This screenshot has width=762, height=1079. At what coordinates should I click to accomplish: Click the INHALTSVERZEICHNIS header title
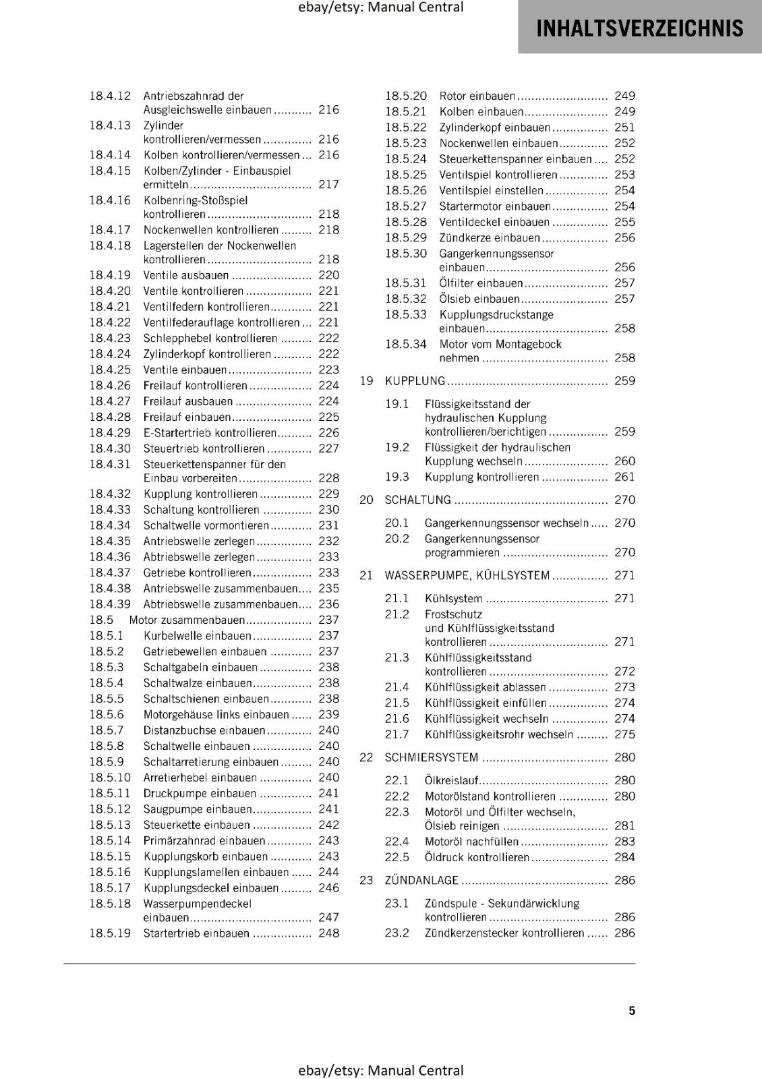tap(639, 28)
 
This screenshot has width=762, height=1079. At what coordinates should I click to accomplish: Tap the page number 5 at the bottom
tap(632, 1010)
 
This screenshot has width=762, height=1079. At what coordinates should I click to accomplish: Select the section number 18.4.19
tap(110, 275)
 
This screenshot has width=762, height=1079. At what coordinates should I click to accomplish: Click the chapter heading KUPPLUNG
tap(415, 381)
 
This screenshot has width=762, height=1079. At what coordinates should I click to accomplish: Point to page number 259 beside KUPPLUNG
tap(624, 381)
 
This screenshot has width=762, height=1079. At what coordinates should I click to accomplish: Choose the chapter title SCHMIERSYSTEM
tap(431, 757)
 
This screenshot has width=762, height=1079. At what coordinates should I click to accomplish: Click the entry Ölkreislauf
tap(451, 780)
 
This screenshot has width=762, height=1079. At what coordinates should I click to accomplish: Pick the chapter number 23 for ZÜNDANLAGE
tap(366, 880)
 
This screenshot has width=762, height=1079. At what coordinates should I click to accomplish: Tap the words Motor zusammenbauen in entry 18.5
tap(187, 620)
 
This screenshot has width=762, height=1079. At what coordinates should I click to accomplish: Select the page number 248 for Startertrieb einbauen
tap(328, 933)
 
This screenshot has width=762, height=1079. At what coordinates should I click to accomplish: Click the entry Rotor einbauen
tap(477, 96)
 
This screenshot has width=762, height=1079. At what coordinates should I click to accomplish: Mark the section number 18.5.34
tap(405, 344)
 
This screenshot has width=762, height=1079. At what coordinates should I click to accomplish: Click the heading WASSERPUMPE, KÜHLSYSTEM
tap(467, 575)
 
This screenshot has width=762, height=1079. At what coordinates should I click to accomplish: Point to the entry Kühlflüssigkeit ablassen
tap(485, 687)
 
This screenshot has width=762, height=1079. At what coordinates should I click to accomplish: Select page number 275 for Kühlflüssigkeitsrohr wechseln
tap(624, 734)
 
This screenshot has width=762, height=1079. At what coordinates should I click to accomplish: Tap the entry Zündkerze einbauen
tap(490, 238)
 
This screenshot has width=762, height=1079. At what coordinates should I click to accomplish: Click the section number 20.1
tap(397, 523)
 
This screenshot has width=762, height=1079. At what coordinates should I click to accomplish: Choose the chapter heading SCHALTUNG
tap(417, 500)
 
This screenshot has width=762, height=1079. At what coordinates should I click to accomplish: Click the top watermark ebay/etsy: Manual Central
tap(380, 7)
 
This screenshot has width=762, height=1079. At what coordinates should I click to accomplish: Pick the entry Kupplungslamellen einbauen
tap(216, 872)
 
